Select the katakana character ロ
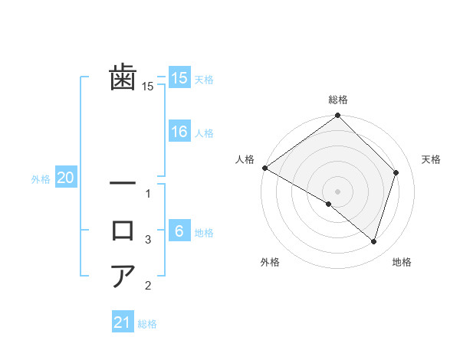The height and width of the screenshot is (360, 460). (123, 230)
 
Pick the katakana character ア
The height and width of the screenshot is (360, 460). (123, 275)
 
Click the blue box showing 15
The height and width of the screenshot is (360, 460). (179, 78)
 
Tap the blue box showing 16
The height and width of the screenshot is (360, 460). (179, 132)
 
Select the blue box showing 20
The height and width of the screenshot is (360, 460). (65, 178)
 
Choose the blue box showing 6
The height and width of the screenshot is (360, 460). (179, 231)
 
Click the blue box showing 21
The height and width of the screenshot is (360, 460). (123, 322)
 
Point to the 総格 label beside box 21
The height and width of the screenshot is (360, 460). (147, 324)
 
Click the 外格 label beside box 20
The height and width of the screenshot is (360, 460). (41, 179)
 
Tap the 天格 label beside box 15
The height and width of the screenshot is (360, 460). (204, 80)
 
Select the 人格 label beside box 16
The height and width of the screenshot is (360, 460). (204, 133)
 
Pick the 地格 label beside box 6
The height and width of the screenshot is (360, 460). (204, 233)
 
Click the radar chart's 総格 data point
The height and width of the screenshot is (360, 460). (337, 116)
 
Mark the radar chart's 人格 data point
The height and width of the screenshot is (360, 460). (264, 168)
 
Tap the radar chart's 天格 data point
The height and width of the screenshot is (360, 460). (396, 172)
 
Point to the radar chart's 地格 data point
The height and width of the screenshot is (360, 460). (374, 242)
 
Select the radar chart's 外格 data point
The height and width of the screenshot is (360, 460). (329, 204)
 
